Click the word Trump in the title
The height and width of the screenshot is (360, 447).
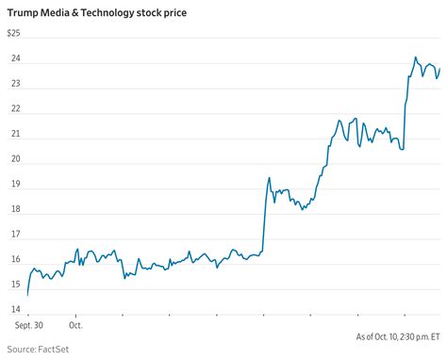23,11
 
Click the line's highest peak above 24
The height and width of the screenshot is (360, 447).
415,57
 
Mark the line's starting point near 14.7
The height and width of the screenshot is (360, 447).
27,295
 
